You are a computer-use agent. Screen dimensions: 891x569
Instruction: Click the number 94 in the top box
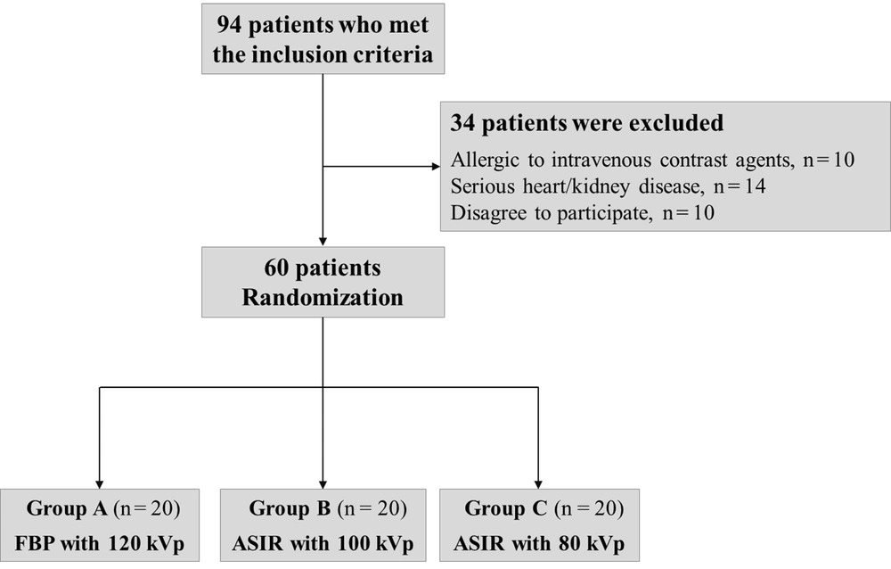coord(229,25)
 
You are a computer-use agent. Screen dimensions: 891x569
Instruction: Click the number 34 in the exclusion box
coord(462,123)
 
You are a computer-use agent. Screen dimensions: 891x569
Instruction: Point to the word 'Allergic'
coord(485,161)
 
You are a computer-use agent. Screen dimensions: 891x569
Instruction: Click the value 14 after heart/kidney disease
coord(755,186)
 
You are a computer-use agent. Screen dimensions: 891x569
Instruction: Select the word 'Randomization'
coord(323,298)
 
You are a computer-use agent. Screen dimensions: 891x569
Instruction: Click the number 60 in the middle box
coord(276,268)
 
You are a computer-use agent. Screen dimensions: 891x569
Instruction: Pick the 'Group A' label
coord(67,508)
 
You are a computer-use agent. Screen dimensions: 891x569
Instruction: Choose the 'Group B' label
coord(290,508)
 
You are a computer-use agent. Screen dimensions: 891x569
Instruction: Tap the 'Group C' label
coord(506,508)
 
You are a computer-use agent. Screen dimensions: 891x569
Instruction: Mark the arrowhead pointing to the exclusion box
coord(437,167)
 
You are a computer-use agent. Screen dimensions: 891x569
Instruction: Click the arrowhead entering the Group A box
coord(100,485)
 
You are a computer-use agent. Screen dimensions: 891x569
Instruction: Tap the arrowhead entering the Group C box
coord(538,485)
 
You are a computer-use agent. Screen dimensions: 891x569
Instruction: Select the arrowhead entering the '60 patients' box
coord(323,242)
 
